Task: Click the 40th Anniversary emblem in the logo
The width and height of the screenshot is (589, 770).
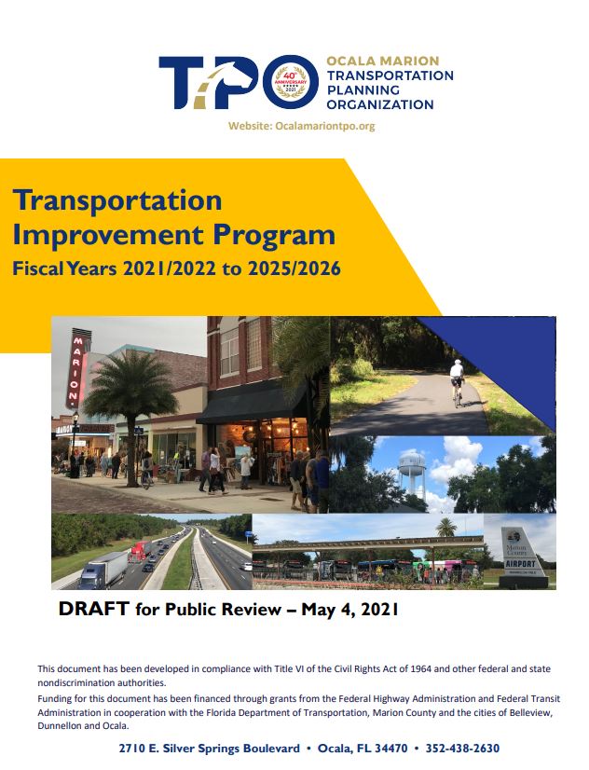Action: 291,81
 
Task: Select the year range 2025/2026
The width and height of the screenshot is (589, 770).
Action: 294,268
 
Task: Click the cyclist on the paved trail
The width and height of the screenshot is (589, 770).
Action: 457,382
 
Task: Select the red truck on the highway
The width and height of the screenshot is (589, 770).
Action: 140,552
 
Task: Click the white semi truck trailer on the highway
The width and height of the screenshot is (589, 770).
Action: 103,570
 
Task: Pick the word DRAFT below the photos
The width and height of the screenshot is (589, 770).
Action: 94,609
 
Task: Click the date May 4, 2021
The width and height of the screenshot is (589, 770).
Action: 350,610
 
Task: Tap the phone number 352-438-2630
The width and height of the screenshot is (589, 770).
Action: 462,749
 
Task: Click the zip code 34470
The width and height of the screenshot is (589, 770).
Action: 390,749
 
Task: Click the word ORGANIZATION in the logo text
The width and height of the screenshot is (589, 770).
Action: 380,104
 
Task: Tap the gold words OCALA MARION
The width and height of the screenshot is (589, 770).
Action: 383,61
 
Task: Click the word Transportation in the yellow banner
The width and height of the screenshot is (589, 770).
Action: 117,201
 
